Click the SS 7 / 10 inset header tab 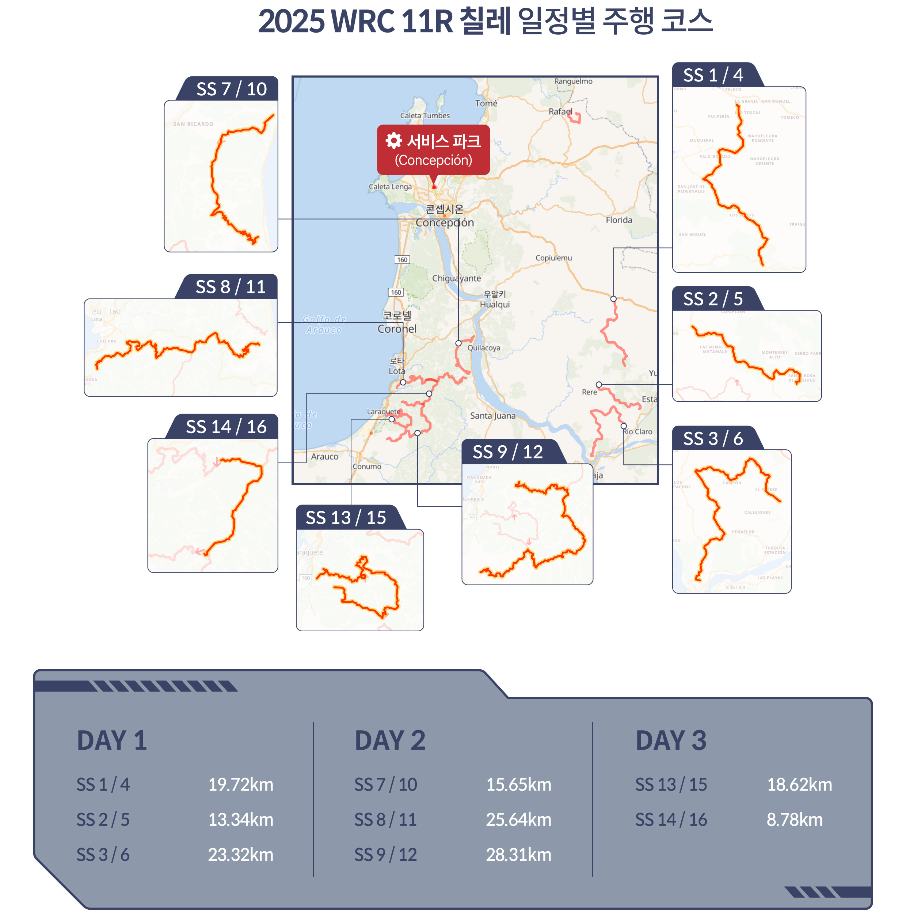point(231,89)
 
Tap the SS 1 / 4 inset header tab point(713,75)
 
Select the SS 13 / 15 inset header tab point(346,517)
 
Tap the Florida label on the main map point(618,220)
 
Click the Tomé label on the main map point(486,103)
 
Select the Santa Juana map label point(492,415)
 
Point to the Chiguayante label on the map point(456,278)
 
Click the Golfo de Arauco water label point(324,324)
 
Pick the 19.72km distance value point(241,784)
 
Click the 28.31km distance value point(518,855)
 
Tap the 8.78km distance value point(794,819)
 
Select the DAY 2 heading point(390,741)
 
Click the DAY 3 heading point(671,741)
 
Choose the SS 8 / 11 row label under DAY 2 point(385,819)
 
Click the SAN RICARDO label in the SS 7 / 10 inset point(193,124)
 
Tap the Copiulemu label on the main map point(553,258)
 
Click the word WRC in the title point(363,22)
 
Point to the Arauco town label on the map point(324,456)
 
